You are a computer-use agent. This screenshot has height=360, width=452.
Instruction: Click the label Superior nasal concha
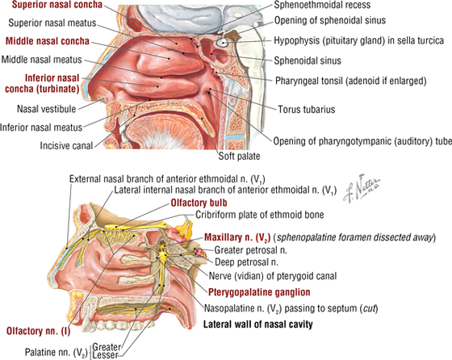click(x=57, y=4)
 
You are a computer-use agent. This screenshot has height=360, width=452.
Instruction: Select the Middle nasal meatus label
click(x=42, y=60)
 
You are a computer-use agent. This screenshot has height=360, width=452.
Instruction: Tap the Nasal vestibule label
click(x=47, y=109)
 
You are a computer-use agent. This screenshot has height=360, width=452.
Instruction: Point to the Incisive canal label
click(x=66, y=145)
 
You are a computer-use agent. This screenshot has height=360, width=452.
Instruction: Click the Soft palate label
click(x=239, y=156)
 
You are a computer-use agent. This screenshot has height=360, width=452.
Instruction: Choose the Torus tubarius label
click(x=307, y=109)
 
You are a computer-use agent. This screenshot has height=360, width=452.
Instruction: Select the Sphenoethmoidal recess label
click(x=322, y=5)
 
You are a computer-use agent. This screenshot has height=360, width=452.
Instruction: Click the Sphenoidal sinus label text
click(x=308, y=61)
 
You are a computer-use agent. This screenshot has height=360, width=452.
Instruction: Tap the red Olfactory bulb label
click(x=199, y=203)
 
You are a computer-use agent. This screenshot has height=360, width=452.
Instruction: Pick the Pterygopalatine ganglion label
click(x=259, y=292)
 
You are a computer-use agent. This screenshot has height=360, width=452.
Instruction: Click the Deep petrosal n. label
click(x=246, y=262)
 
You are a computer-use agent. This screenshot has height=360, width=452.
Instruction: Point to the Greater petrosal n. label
click(x=250, y=250)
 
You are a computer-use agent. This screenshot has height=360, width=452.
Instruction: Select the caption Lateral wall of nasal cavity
click(x=258, y=324)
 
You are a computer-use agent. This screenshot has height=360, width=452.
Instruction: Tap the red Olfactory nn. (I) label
click(x=39, y=331)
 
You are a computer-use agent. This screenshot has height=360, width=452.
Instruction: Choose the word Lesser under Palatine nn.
click(x=106, y=355)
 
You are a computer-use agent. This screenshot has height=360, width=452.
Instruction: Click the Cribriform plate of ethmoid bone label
click(x=260, y=215)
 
